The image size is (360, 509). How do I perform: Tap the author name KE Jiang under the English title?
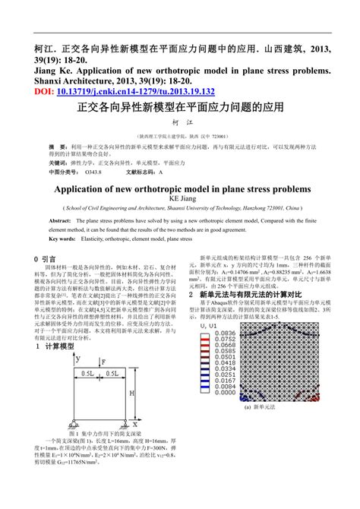(x=179, y=199)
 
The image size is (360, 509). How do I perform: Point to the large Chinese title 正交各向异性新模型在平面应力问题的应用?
(x=180, y=108)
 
